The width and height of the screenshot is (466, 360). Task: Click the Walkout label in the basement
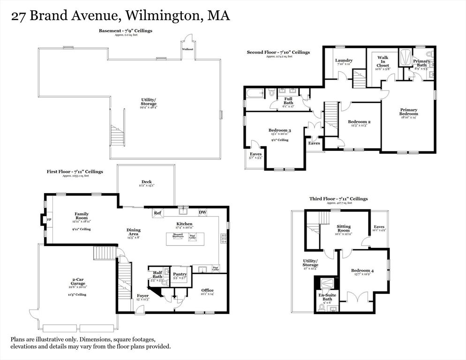pyautogui.click(x=188, y=49)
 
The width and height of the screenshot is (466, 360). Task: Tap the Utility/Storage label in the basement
pyautogui.click(x=149, y=102)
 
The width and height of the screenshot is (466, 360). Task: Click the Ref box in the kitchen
pyautogui.click(x=158, y=213)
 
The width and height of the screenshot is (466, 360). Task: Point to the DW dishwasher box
pyautogui.click(x=203, y=213)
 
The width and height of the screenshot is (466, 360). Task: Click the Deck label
pyautogui.click(x=147, y=182)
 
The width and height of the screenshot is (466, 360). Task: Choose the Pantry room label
pyautogui.click(x=180, y=275)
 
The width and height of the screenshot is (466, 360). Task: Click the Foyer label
pyautogui.click(x=143, y=296)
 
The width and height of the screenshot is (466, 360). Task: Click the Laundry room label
pyautogui.click(x=344, y=60)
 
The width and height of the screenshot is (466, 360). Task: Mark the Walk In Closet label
pyautogui.click(x=383, y=61)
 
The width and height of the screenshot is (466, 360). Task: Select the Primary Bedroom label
pyautogui.click(x=408, y=112)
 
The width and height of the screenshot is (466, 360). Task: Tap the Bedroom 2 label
pyautogui.click(x=360, y=122)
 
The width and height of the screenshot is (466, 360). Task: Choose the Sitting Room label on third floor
pyautogui.click(x=344, y=228)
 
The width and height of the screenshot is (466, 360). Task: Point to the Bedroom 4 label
pyautogui.click(x=362, y=270)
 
